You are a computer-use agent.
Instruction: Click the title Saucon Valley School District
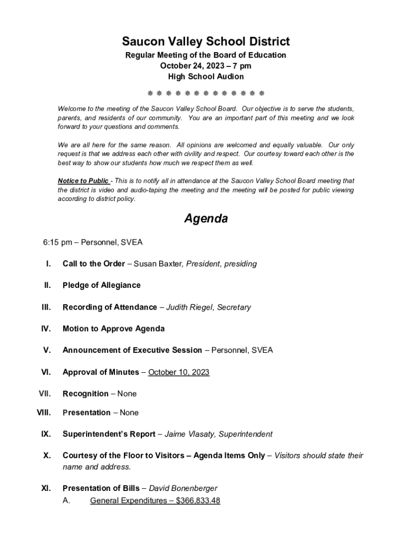pyautogui.click(x=206, y=41)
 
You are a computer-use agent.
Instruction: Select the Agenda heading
pyautogui.click(x=206, y=218)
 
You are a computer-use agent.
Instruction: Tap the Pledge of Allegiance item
pyautogui.click(x=101, y=285)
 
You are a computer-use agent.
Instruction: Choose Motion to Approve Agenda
pyautogui.click(x=113, y=329)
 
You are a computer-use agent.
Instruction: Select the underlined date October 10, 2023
pyautogui.click(x=179, y=372)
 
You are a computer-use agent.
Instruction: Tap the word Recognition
pyautogui.click(x=85, y=393)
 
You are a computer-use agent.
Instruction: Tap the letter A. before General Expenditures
pyautogui.click(x=66, y=500)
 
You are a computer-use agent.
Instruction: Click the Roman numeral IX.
pyautogui.click(x=46, y=434)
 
